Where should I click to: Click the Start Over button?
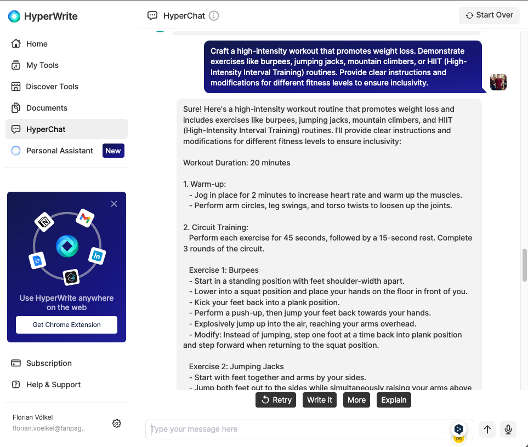click(x=489, y=15)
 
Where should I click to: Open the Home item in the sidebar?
click(x=37, y=44)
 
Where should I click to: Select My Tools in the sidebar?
click(x=42, y=65)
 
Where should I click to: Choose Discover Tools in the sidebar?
click(x=52, y=87)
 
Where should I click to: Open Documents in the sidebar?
click(x=47, y=108)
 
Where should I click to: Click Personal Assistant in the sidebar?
click(x=59, y=151)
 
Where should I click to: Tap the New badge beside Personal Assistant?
click(x=113, y=151)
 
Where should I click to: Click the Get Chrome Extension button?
click(x=66, y=325)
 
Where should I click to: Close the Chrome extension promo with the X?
click(x=114, y=204)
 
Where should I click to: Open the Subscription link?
click(x=49, y=363)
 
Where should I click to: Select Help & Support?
click(x=53, y=385)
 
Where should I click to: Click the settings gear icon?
click(x=117, y=423)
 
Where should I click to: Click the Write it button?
click(x=319, y=400)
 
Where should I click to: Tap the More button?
click(x=356, y=400)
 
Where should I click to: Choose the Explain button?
click(x=394, y=400)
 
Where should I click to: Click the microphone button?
click(x=508, y=429)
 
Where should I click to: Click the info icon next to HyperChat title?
click(x=214, y=16)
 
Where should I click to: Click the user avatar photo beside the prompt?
click(x=498, y=82)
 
